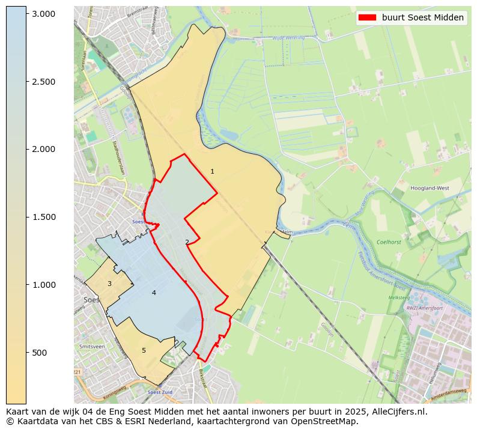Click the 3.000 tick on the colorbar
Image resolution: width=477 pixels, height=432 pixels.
[43, 14]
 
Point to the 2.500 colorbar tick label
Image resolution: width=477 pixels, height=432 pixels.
[43, 82]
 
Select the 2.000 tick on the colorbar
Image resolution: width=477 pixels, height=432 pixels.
[43, 149]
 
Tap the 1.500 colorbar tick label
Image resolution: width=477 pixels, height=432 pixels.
[43, 217]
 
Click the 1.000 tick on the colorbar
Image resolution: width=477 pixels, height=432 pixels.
[43, 285]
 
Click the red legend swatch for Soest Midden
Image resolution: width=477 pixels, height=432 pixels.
[367, 17]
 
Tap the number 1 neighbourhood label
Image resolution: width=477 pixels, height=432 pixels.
[212, 172]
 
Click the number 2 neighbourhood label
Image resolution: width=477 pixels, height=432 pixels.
[187, 242]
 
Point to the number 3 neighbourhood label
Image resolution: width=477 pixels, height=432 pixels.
[109, 284]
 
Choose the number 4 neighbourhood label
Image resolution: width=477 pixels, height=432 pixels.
[154, 293]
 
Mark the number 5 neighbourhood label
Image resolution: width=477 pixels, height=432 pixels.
[144, 350]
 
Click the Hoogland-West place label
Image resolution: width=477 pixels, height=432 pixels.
[430, 188]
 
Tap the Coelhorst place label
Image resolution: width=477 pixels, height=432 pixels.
[389, 242]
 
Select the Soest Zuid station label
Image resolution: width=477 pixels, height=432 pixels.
[160, 392]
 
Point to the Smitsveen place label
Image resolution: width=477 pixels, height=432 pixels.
[92, 347]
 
